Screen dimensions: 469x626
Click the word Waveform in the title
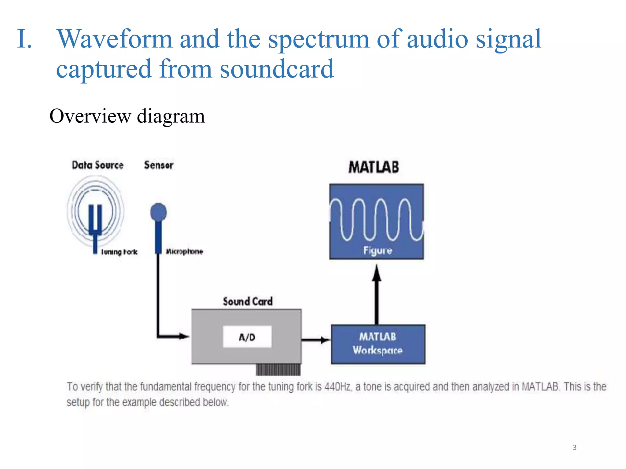point(115,39)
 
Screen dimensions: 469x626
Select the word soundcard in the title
point(277,69)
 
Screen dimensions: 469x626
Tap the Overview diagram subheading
point(127,116)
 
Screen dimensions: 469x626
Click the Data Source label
point(98,165)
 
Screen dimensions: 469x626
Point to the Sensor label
point(159,165)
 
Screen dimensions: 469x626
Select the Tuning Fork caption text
point(119,252)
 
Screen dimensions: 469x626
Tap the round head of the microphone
point(158,212)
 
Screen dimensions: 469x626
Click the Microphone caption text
point(184,252)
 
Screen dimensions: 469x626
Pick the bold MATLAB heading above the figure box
point(374,167)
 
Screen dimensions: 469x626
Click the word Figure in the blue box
point(377,251)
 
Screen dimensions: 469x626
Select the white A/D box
point(247,337)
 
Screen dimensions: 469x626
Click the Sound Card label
point(248,302)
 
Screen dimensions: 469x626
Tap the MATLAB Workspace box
point(378,344)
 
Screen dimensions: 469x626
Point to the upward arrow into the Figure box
point(377,293)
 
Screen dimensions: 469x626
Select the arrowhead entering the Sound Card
point(184,336)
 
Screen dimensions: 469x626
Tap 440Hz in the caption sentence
point(337,387)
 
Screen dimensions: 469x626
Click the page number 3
point(574,448)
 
